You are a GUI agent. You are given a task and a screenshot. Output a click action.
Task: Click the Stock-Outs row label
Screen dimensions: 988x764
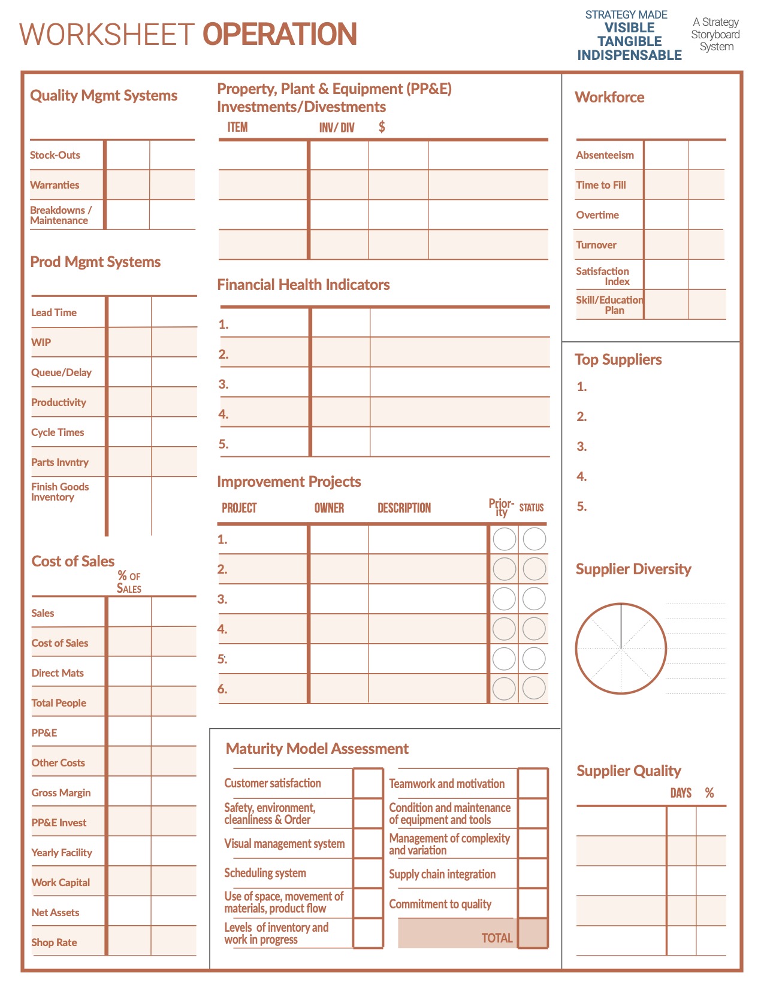coord(55,155)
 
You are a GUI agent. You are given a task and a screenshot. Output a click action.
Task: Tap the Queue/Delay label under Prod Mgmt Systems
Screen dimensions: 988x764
coord(61,372)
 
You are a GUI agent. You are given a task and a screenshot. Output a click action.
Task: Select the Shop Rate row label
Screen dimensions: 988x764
coord(54,942)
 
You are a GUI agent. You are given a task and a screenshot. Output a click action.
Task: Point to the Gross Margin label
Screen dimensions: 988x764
coord(61,793)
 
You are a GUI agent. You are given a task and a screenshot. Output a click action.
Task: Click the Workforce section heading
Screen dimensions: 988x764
coord(609,98)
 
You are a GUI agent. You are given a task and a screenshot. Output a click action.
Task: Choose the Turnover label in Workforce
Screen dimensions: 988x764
coord(596,245)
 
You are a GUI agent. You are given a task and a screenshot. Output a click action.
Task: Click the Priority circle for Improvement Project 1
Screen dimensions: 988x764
coord(504,539)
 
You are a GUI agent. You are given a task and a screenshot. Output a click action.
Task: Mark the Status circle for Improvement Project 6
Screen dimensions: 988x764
coord(534,689)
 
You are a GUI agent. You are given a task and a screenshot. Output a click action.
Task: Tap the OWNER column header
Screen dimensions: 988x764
coord(329,508)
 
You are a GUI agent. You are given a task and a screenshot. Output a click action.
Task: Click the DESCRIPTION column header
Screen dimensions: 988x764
coord(404,508)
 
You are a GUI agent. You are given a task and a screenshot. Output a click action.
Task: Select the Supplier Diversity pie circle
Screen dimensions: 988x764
coord(621,648)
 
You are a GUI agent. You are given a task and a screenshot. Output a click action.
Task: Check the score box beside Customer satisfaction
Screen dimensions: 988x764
coord(368,783)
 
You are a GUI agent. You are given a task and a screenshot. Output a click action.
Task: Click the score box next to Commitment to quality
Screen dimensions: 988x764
coord(533,904)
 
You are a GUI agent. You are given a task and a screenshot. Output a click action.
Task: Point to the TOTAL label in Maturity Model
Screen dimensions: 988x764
coord(497,938)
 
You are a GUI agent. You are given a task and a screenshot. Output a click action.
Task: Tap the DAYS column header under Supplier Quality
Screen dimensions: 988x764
coord(681,793)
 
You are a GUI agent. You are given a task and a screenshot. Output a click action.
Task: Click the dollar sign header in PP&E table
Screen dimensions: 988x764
coord(382,127)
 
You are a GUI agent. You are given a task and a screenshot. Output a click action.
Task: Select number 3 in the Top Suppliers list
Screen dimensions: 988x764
coord(581,447)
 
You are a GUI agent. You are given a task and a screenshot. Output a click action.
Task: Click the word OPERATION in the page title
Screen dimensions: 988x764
coord(280,34)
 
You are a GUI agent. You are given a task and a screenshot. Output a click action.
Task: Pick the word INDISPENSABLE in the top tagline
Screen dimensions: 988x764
coord(629,55)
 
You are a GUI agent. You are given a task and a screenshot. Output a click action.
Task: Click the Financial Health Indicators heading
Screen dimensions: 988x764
coord(303,285)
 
